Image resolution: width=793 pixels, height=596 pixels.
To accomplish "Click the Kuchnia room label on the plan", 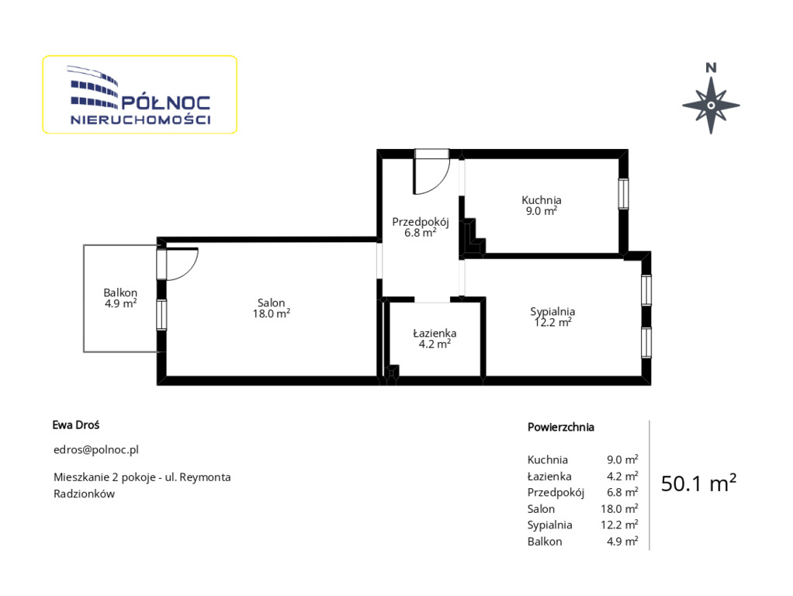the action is [x=541, y=200].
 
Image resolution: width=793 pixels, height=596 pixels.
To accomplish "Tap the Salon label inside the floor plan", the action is [x=271, y=303].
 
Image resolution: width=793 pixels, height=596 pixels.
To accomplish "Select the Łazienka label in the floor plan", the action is [x=435, y=334].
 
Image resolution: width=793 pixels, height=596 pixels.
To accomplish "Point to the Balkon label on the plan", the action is [x=120, y=293].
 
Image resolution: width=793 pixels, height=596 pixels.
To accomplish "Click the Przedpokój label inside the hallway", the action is [x=421, y=222].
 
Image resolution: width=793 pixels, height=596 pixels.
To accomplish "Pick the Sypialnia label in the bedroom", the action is [x=552, y=312].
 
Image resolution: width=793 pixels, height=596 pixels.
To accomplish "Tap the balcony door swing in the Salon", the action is [x=182, y=264].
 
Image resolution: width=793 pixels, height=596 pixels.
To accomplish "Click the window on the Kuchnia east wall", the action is [x=624, y=194].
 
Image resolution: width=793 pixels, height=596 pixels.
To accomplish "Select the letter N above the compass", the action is [x=711, y=68].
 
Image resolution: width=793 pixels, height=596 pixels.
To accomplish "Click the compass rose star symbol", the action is [x=711, y=106].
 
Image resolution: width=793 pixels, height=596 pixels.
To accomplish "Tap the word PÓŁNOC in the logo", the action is [x=166, y=102].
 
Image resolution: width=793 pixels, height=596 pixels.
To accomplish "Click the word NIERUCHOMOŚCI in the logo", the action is [x=140, y=120].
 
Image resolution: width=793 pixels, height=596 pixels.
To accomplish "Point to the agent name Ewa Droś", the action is [x=76, y=425].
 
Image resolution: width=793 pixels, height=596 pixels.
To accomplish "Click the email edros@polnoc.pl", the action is [x=96, y=450].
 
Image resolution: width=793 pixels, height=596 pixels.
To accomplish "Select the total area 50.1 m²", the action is [x=698, y=483].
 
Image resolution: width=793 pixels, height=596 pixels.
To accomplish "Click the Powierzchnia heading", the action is [x=561, y=427].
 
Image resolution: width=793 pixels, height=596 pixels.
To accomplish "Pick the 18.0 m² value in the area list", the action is [x=619, y=508].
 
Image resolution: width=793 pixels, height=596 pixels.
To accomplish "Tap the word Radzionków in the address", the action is [x=84, y=494].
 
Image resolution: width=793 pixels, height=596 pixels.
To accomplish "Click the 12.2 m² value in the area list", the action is [x=619, y=525].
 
